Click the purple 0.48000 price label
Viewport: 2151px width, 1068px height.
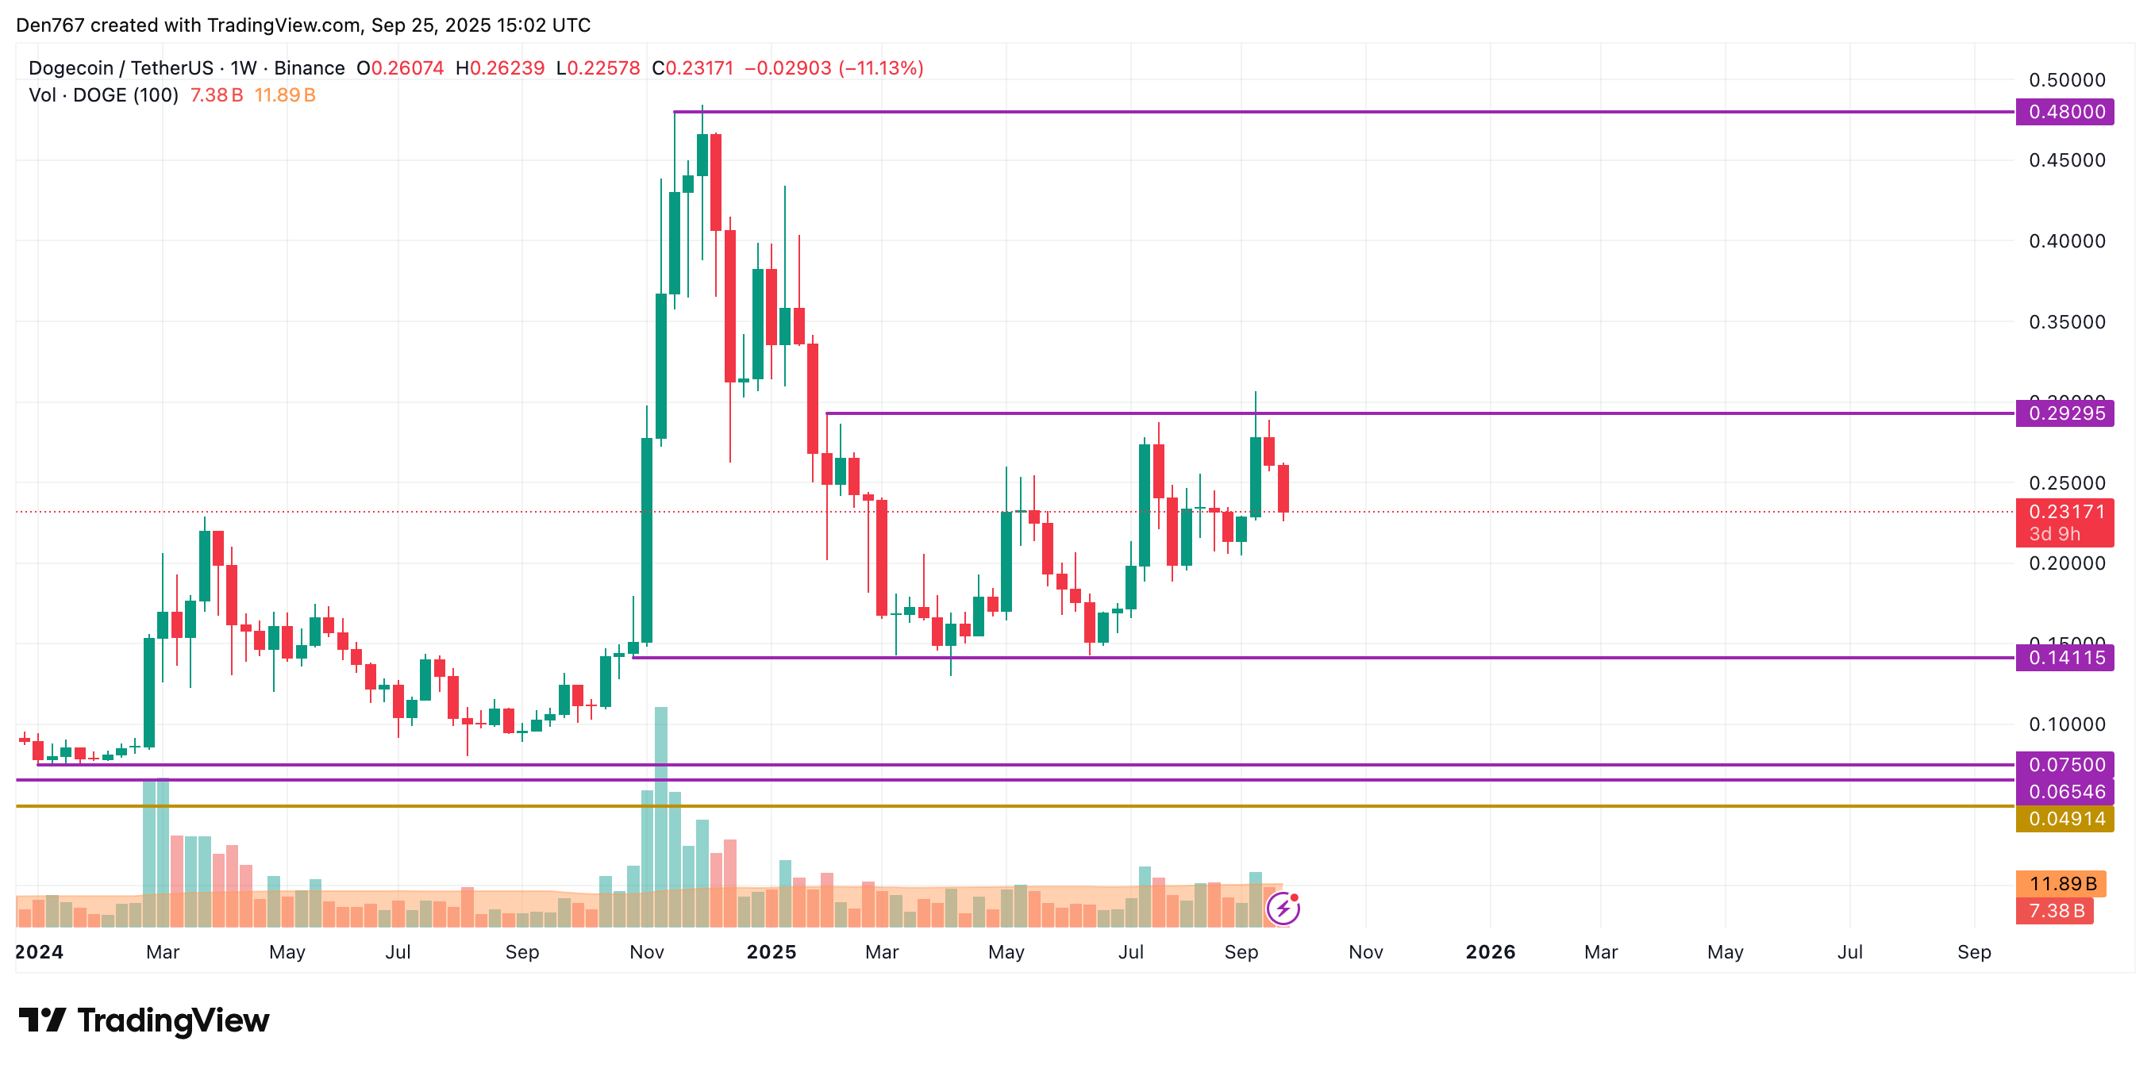(2064, 112)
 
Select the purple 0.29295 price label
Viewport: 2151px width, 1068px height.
(2064, 413)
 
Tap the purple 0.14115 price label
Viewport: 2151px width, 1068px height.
(2064, 658)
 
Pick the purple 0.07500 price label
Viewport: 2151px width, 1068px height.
(2064, 764)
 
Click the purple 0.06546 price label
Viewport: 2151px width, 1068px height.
(2064, 792)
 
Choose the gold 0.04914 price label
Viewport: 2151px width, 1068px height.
(2064, 818)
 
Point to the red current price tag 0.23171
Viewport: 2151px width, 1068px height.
(2064, 512)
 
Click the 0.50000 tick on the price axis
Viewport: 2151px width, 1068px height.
(2067, 80)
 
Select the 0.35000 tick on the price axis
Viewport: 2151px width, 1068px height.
(2067, 322)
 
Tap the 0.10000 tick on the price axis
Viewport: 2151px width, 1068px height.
(2067, 724)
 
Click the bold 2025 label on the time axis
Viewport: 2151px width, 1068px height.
(771, 952)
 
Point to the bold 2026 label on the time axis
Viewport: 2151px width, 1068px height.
(1490, 952)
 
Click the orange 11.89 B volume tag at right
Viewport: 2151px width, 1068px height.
(2060, 883)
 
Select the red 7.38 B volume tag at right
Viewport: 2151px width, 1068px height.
(2054, 910)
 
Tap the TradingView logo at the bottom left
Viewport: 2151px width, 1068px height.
(144, 1020)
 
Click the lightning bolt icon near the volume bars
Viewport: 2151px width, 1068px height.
(1283, 908)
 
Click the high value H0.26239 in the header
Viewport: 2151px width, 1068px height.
(499, 68)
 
